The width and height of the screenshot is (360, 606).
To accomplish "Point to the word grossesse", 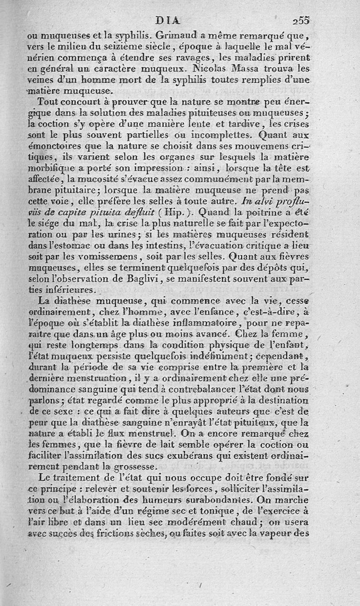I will coord(135,466).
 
